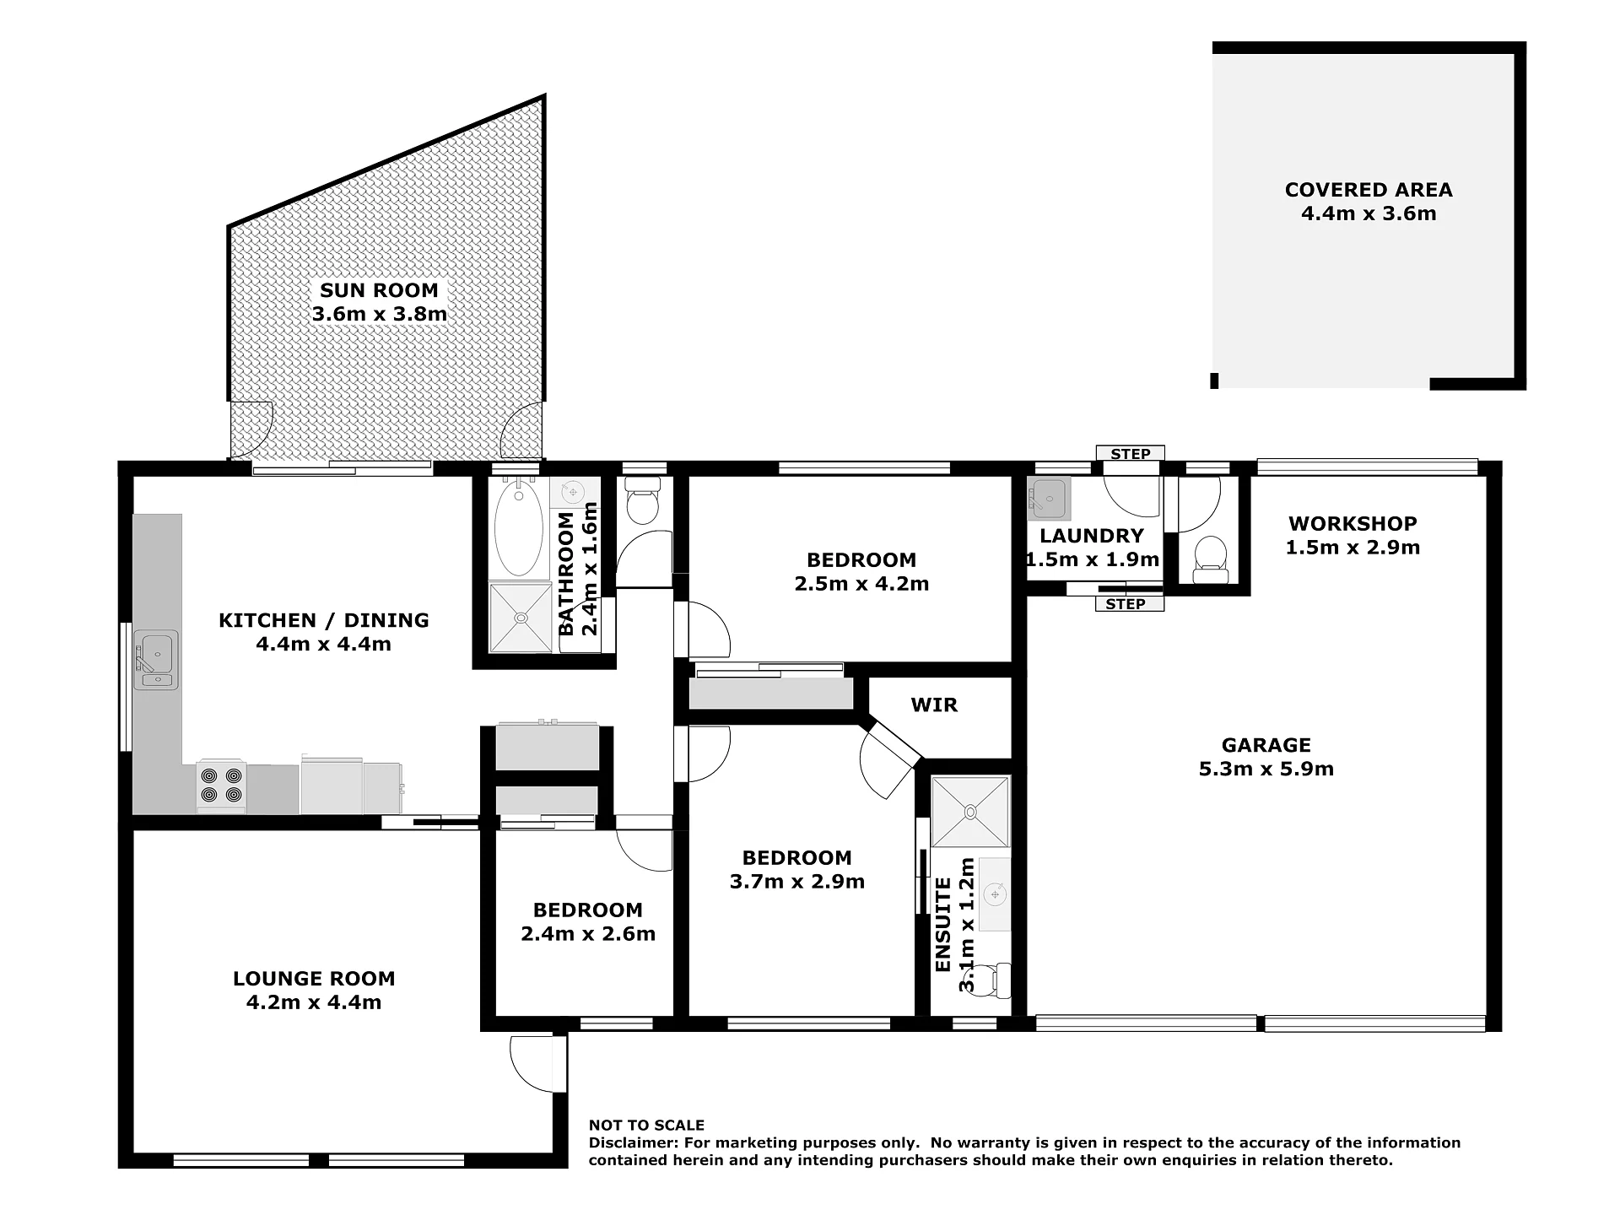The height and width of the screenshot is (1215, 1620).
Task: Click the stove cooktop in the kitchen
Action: (x=221, y=786)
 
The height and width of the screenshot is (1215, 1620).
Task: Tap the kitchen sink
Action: (x=156, y=660)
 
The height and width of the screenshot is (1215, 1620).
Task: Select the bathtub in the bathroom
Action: (x=519, y=527)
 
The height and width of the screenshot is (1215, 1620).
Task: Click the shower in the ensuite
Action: (x=970, y=812)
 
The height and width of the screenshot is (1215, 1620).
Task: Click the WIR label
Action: (x=934, y=705)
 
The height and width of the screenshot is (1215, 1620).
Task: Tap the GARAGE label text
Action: (x=1266, y=745)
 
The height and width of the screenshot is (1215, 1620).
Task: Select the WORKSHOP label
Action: (x=1353, y=523)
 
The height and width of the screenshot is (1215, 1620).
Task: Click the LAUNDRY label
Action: (x=1092, y=536)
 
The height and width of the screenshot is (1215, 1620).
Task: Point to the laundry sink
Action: (x=1049, y=498)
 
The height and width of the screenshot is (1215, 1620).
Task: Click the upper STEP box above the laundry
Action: (x=1130, y=454)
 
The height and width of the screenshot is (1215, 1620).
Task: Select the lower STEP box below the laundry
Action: (x=1130, y=603)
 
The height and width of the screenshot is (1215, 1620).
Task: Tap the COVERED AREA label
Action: (x=1369, y=190)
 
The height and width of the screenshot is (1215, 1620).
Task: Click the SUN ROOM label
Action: (x=379, y=290)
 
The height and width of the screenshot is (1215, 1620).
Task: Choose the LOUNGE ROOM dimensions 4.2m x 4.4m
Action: (x=314, y=1002)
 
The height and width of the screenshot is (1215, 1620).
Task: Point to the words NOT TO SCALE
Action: (x=646, y=1125)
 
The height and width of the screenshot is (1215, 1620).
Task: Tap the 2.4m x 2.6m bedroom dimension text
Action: (x=588, y=933)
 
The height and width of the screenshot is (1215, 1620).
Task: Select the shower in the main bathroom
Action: (x=521, y=618)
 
